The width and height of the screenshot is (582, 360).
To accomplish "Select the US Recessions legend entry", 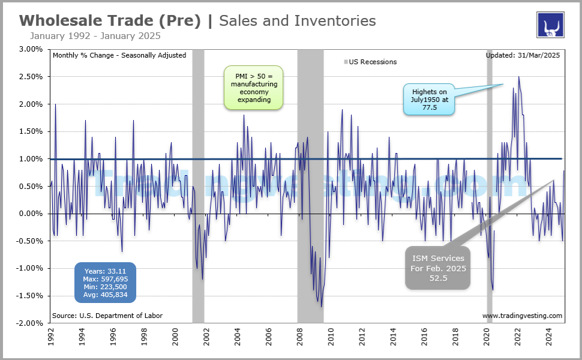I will click(370, 62).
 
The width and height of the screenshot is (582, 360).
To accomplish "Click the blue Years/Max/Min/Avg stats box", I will click(106, 282).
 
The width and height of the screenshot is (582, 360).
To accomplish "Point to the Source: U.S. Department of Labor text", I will click(107, 316).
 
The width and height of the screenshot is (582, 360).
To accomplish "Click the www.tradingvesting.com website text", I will click(522, 316).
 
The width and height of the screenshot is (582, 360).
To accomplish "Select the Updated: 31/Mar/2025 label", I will click(523, 55).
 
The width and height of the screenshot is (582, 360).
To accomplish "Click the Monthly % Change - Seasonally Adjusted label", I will click(119, 55).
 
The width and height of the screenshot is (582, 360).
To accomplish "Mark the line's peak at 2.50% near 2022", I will click(518, 77).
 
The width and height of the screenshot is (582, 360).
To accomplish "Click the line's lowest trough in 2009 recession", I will click(322, 307).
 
